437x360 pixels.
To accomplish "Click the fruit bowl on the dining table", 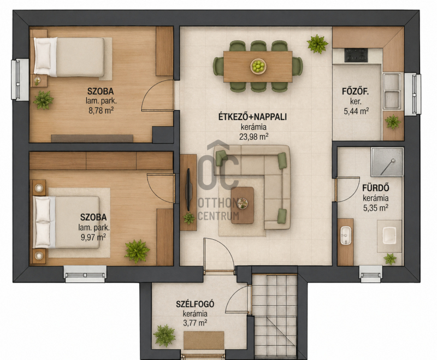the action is pos(258,66).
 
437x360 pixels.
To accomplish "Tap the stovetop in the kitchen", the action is pos(356,55).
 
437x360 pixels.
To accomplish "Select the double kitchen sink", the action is pos(392,91).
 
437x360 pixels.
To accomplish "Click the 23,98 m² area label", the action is pos(253,137).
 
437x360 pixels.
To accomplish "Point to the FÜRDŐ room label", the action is pos(375,188).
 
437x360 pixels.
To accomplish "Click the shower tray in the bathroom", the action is pos(387,162).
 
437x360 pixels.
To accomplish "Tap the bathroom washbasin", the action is pos(346,235).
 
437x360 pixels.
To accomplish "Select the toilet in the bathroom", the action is pos(389,236).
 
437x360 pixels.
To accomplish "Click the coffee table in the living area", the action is pos(243,205).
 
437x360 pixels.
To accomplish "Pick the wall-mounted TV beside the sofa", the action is pos(188,190).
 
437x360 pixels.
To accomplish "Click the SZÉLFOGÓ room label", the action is pos(195,304).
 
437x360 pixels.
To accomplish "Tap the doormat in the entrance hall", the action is pos(204,340).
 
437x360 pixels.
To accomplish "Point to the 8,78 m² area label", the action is pos(101,110).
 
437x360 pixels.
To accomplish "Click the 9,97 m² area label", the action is pos(93,237).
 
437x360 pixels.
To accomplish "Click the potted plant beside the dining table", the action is pos(317,44).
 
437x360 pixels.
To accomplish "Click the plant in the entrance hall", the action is pos(164,335).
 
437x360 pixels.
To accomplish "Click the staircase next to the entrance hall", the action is pos(274,316).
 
